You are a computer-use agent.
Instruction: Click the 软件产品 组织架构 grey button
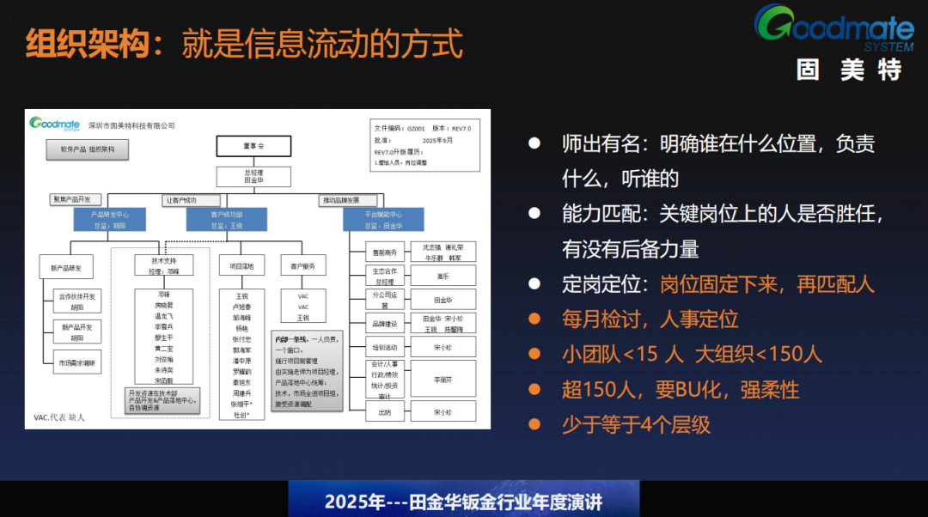click(x=88, y=149)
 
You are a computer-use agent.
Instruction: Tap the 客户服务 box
click(x=302, y=267)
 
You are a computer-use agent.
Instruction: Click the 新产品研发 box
click(x=66, y=267)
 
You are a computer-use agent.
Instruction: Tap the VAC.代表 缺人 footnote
click(x=59, y=418)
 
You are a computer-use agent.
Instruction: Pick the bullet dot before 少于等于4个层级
click(x=534, y=423)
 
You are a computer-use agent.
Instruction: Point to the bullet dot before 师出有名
click(x=534, y=143)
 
